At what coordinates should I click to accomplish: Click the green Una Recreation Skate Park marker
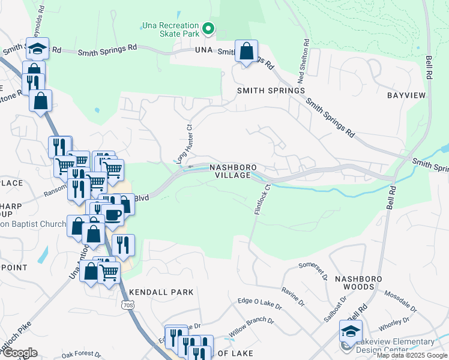208,28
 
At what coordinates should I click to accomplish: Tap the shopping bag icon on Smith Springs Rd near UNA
246,52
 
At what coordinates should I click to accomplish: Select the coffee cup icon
112,214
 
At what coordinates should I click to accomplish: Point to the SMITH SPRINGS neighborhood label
271,91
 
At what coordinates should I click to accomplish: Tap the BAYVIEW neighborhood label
406,95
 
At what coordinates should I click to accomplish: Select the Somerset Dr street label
313,269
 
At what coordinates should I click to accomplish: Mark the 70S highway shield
127,305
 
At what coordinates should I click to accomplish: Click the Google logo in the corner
19,353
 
